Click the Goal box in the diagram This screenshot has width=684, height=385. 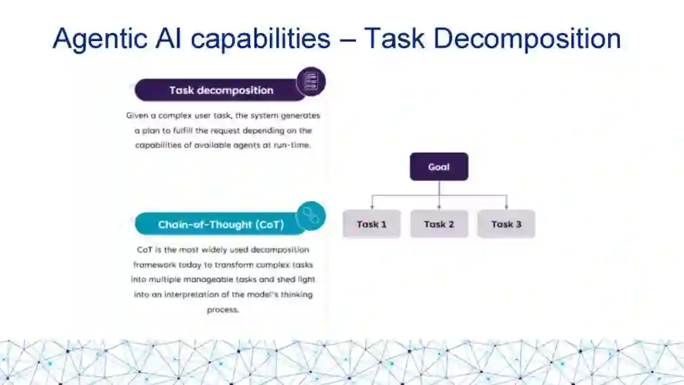[439, 167]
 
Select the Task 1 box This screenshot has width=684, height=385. [372, 224]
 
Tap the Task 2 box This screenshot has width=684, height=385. [439, 224]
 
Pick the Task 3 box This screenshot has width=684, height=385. [506, 224]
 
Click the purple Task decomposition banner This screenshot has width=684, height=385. [220, 90]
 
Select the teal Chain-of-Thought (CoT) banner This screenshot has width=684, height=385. [220, 225]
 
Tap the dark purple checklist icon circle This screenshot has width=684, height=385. [311, 82]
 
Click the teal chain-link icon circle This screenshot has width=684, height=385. [310, 216]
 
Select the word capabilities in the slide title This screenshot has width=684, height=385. [261, 39]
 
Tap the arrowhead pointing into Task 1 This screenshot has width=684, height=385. [372, 207]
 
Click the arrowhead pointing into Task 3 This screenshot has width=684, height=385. [506, 207]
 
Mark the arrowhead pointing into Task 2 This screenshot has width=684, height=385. [439, 207]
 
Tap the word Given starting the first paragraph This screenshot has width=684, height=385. [137, 116]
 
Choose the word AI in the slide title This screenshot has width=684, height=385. [168, 39]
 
